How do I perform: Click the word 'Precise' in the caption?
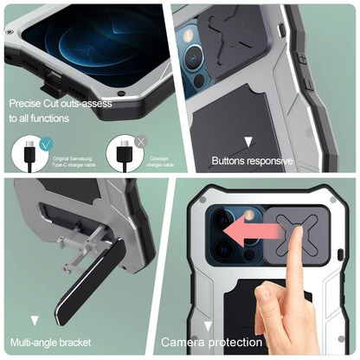coord(27,102)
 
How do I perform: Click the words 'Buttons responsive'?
coord(253,161)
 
